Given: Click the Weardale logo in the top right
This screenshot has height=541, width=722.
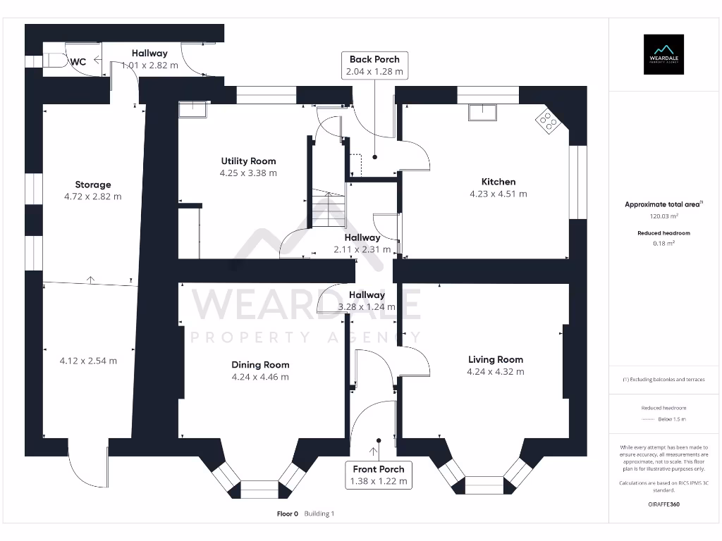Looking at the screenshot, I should click(663, 54).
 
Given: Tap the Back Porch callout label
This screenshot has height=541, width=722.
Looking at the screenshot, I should click(374, 66).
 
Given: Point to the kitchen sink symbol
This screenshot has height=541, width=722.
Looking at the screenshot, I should click(483, 109).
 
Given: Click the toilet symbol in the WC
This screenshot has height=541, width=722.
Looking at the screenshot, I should click(57, 62).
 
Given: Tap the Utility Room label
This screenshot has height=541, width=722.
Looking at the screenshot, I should click(248, 161).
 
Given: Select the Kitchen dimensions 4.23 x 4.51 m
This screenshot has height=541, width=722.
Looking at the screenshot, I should click(498, 194).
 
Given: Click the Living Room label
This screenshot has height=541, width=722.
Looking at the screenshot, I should click(495, 359).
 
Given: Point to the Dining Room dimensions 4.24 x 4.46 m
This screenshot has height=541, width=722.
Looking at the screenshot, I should click(260, 377).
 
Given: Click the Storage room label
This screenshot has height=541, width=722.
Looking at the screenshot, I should click(93, 185).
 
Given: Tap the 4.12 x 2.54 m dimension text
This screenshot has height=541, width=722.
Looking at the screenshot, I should click(88, 361).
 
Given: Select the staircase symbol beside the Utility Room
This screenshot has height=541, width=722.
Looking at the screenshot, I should click(326, 209).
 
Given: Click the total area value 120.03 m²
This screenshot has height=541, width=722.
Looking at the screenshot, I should click(663, 217).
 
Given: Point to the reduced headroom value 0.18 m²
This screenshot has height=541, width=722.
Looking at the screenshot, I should click(663, 242).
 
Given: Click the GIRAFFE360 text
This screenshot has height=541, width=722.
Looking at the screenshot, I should click(663, 504).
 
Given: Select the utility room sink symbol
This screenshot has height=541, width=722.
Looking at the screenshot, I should click(192, 108).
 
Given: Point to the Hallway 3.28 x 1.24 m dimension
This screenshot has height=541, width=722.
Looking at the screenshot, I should click(367, 307).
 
